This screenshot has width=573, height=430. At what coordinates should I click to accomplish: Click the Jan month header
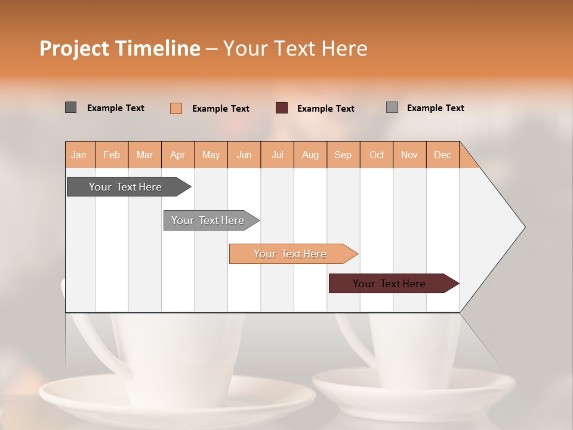coord(79,155)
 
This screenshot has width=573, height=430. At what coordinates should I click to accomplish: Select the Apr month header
coord(177,155)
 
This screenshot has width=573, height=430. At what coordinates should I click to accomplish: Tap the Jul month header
coord(277,155)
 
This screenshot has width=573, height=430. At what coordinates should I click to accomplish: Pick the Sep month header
coord(343,155)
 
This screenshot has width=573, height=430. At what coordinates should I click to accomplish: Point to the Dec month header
coord(442,155)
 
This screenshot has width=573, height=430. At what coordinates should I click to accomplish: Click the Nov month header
coord(409,155)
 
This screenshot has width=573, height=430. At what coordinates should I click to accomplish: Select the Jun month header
coord(244,155)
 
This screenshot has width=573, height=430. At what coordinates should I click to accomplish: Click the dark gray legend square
coord(71,107)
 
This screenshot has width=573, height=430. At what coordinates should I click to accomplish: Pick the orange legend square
coord(176,108)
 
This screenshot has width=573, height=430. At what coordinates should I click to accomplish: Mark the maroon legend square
coord(282,108)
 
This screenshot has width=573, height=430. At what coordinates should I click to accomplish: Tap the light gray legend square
coord(392,107)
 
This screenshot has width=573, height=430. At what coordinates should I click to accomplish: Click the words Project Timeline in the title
coord(119,48)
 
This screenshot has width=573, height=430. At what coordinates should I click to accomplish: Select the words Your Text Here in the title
coord(295,48)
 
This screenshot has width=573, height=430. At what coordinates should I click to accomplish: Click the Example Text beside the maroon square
coord(325,109)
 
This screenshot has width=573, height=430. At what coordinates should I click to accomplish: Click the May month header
coord(211,155)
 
